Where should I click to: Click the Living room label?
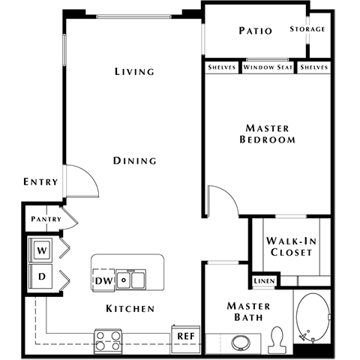[134, 72]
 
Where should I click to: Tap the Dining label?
[135, 160]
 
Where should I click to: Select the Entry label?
[40, 182]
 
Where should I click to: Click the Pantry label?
[46, 219]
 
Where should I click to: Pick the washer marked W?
[42, 248]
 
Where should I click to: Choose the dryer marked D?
[42, 276]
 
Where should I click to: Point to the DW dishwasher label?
[104, 281]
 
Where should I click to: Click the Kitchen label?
[130, 309]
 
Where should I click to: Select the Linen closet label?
[263, 281]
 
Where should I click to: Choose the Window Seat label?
[268, 67]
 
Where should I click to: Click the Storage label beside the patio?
[308, 29]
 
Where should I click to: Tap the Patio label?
[255, 31]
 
